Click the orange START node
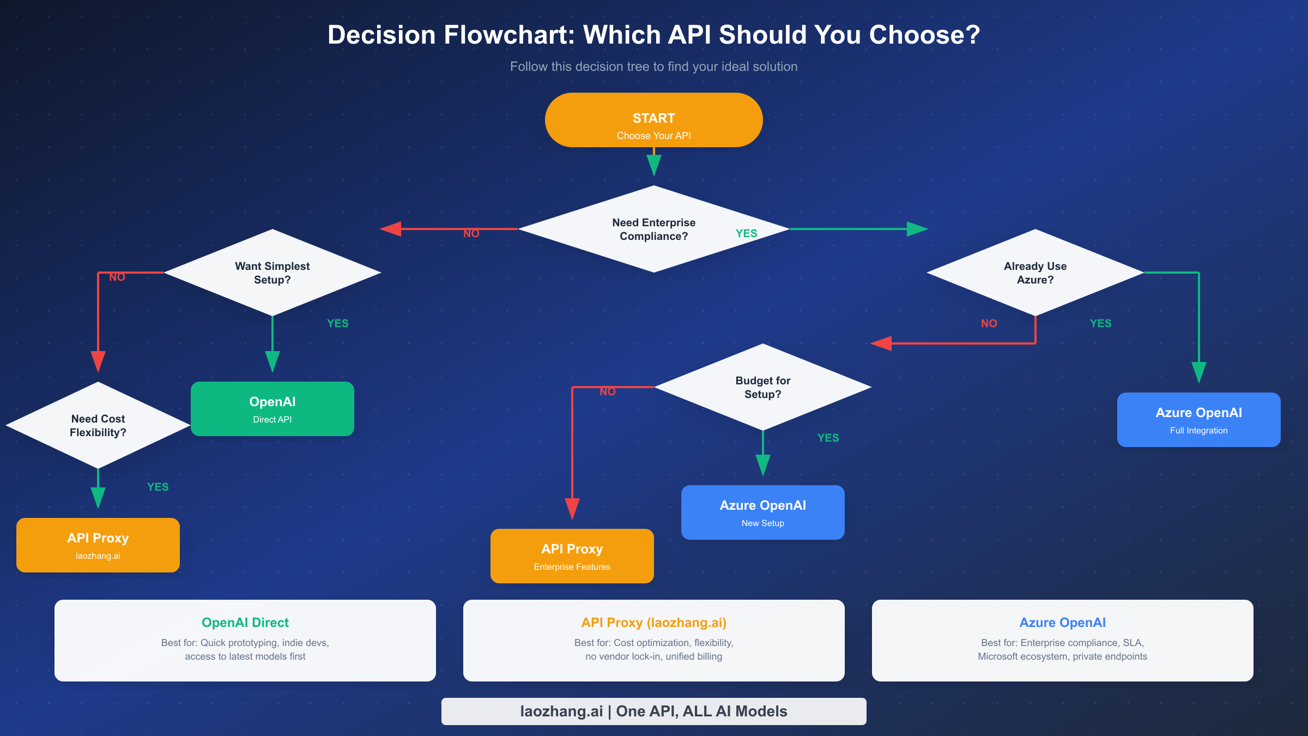click(653, 120)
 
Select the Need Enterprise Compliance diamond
click(653, 229)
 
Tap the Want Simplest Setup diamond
click(272, 273)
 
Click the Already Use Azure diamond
click(1035, 273)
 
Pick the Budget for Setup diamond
click(762, 387)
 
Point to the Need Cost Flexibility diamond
click(98, 425)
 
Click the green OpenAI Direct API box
click(272, 409)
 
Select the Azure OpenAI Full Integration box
click(1198, 420)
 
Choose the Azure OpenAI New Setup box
click(762, 512)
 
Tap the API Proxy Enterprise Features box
click(572, 556)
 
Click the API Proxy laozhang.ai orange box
click(98, 545)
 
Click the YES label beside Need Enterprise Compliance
click(746, 233)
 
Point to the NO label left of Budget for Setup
click(607, 391)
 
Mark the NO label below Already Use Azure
click(989, 323)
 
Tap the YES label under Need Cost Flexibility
click(158, 487)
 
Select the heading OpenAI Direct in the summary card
click(245, 623)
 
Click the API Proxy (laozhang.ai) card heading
click(653, 623)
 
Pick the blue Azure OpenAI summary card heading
click(1062, 623)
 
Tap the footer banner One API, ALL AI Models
click(653, 711)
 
